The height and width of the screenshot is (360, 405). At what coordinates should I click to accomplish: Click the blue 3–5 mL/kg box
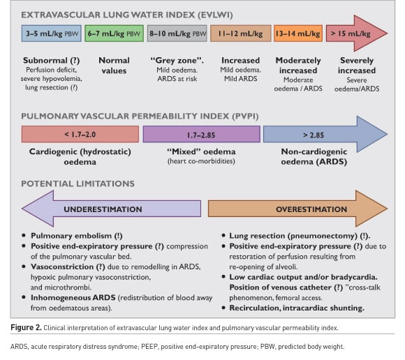pos(52,33)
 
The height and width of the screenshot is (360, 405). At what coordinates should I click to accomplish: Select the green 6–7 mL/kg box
pos(114,33)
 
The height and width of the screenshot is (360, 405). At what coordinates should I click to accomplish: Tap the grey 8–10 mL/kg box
pos(177,33)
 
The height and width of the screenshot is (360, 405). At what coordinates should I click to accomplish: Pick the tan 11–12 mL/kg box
pos(241,33)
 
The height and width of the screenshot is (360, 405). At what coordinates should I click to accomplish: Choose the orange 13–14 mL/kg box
pos(298,33)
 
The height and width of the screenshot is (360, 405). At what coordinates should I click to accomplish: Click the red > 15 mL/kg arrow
pos(356,33)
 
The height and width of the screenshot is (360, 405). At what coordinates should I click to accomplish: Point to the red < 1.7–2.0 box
pos(80,134)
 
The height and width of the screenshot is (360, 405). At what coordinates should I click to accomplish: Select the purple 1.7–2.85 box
pos(202,134)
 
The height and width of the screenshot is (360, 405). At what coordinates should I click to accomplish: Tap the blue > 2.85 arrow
pos(325,134)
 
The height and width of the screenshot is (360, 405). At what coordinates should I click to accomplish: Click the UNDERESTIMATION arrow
pos(111,209)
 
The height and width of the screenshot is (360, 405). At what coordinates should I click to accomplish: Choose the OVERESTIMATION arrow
pos(297,209)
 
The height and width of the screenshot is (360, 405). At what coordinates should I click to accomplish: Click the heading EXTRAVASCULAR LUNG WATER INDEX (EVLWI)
pos(127,15)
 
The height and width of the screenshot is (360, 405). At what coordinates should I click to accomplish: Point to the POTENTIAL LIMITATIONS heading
pos(78,183)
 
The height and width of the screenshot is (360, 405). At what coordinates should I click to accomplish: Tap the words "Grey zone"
pos(177,61)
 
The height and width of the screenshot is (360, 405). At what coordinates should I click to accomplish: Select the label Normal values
pos(114,66)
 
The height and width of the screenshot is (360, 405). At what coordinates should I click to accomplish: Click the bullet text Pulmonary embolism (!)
pos(77,236)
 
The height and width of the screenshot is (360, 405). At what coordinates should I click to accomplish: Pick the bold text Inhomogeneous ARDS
pos(73,298)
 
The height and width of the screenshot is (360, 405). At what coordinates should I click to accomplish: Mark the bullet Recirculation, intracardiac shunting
pos(297,308)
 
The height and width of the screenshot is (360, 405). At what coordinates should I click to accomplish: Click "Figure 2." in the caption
pos(26,328)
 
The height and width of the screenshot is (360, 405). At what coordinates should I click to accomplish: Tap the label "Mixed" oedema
pos(202,151)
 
